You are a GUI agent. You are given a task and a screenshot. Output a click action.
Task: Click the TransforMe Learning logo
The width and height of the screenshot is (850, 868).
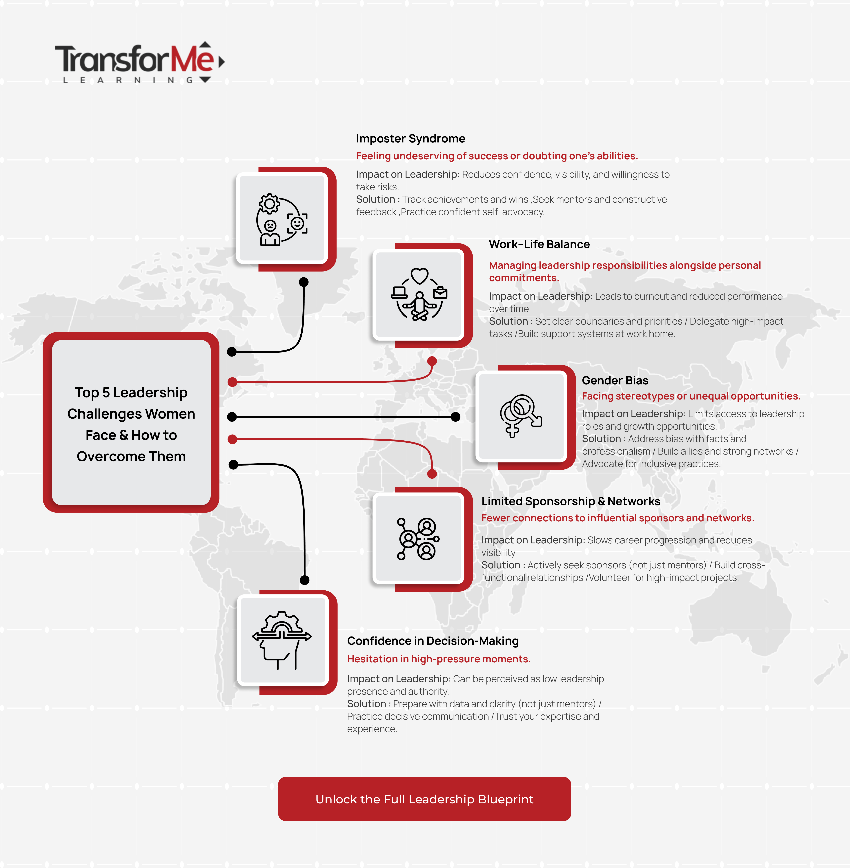click(x=140, y=63)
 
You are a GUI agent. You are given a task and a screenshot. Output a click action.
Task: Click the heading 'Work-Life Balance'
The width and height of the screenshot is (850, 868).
click(x=539, y=244)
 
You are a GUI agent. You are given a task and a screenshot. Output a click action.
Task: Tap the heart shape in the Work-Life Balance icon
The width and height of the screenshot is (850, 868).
click(x=420, y=276)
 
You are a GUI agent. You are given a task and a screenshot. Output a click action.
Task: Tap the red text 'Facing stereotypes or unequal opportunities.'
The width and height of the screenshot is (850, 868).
click(x=691, y=396)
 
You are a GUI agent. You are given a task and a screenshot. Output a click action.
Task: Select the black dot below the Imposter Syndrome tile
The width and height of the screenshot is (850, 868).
click(x=304, y=282)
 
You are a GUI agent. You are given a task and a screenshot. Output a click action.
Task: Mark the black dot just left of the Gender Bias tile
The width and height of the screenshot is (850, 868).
click(x=455, y=417)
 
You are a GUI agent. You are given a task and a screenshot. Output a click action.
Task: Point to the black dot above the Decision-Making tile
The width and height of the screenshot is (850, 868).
click(x=304, y=580)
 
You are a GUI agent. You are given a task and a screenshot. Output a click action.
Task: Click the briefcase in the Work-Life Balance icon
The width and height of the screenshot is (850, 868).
click(x=440, y=293)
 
